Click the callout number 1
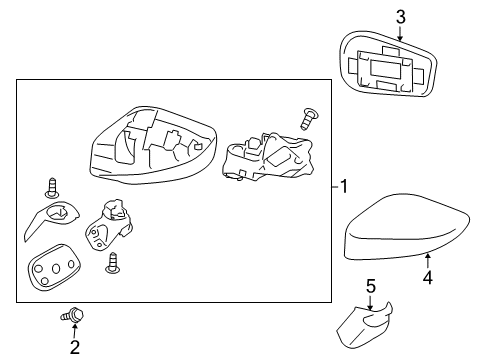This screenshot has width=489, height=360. tap(343, 186)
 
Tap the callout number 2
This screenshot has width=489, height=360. tap(74, 348)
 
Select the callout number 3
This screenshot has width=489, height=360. tap(400, 16)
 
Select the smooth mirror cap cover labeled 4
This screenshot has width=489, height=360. tap(396, 240)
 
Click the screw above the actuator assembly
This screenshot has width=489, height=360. tap(309, 119)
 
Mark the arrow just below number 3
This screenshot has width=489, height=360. tap(400, 32)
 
